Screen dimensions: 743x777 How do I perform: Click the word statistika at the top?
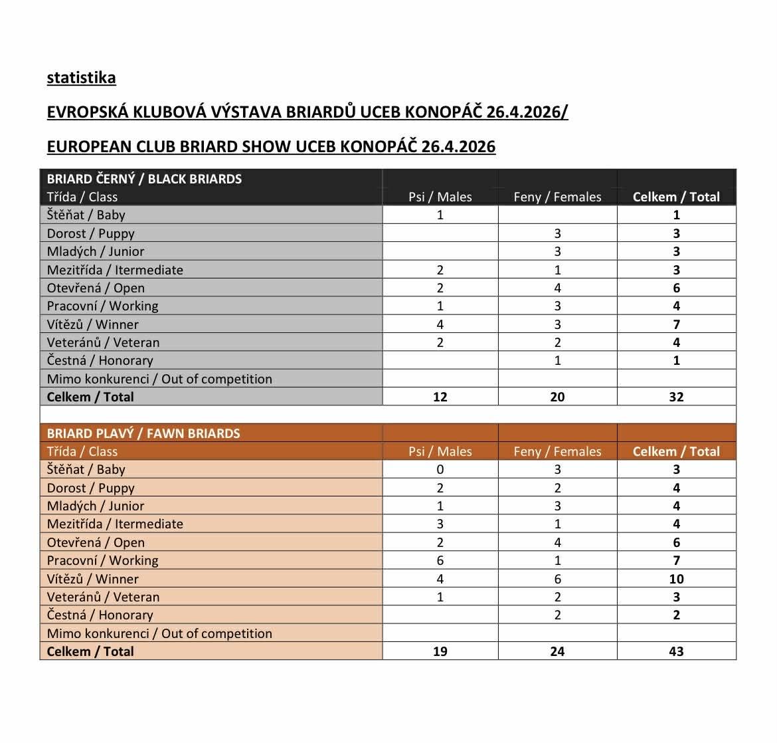point(81,78)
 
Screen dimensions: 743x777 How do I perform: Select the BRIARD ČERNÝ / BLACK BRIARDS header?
point(144,179)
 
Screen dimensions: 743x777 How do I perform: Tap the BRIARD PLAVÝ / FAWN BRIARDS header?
point(143,433)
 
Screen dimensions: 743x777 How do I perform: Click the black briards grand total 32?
point(676,397)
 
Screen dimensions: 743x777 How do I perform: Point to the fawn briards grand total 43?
point(676,651)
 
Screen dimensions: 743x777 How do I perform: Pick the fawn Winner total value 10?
point(676,579)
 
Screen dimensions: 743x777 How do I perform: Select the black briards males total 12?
point(440,397)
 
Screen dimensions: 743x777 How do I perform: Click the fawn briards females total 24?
point(557,651)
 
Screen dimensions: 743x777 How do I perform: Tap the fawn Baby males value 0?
point(440,469)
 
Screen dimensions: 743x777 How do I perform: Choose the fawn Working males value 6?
point(440,560)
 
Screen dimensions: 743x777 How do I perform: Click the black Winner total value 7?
point(676,324)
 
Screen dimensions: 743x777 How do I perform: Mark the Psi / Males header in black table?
point(440,197)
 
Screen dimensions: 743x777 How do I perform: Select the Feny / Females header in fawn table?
point(557,451)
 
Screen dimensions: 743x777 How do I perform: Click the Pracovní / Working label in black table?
point(102,306)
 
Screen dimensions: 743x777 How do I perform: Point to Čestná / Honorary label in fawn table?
point(100,615)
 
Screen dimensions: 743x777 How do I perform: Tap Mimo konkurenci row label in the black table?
point(159,379)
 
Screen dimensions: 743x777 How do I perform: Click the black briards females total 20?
point(557,397)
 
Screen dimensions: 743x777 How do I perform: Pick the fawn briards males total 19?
point(440,651)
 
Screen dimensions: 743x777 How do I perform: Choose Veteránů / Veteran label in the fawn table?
point(103,597)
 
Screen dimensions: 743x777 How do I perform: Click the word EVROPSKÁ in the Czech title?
point(87,112)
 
